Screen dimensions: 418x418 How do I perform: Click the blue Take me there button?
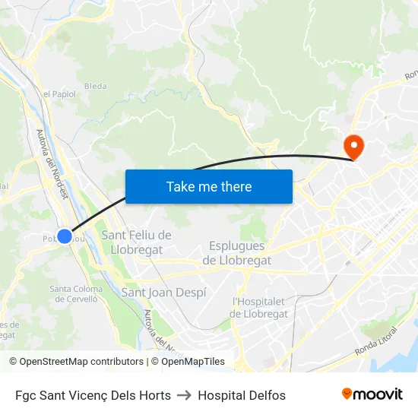pyautogui.click(x=209, y=186)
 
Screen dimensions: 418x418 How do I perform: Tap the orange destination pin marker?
pyautogui.click(x=354, y=145)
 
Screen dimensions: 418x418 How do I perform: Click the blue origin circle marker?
pyautogui.click(x=65, y=236)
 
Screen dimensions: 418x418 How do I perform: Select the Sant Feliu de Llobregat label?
pyautogui.click(x=137, y=242)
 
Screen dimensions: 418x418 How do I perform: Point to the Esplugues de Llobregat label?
pyautogui.click(x=237, y=253)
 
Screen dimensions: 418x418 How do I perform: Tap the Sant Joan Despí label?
pyautogui.click(x=163, y=292)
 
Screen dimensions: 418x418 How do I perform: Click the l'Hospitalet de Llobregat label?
pyautogui.click(x=260, y=307)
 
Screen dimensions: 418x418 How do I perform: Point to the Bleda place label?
pyautogui.click(x=96, y=87)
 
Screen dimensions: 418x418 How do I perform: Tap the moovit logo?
pyautogui.click(x=372, y=394)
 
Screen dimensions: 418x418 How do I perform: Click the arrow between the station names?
pyautogui.click(x=184, y=395)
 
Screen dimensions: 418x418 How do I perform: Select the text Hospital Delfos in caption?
pyautogui.click(x=242, y=395)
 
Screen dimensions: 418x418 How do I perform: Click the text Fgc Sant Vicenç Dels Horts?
pyautogui.click(x=93, y=395)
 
